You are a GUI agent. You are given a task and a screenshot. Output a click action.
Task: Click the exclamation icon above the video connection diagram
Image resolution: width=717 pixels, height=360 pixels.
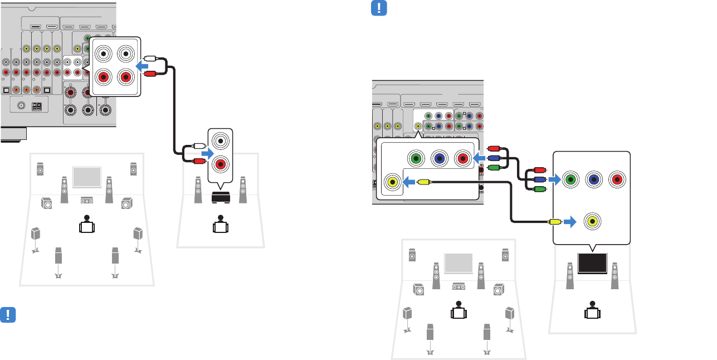[379, 8]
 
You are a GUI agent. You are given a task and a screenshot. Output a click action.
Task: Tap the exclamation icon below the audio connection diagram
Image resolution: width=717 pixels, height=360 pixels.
[8, 314]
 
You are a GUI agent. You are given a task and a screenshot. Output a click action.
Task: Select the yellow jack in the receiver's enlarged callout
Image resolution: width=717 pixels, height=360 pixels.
[393, 182]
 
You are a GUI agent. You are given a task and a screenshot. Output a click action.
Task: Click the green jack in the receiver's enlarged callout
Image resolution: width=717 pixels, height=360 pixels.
[416, 158]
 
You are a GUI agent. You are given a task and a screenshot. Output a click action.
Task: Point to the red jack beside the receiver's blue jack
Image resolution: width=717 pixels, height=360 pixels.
[462, 158]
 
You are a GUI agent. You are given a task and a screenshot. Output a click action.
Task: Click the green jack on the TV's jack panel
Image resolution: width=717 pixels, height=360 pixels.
[569, 180]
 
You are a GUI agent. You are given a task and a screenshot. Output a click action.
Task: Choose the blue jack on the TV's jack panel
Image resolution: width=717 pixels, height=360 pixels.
[593, 180]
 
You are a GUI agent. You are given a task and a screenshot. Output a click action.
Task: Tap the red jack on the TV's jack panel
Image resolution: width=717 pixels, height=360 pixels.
[616, 180]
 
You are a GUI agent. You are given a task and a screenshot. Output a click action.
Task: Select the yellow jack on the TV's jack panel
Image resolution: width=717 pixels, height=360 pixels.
[593, 221]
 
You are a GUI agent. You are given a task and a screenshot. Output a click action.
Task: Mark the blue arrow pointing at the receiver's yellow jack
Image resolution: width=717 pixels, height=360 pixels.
[409, 182]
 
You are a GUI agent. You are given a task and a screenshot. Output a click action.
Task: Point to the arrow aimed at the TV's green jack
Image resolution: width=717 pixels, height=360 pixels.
[553, 180]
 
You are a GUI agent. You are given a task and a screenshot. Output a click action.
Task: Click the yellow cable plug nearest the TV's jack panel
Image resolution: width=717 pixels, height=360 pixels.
[555, 221]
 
